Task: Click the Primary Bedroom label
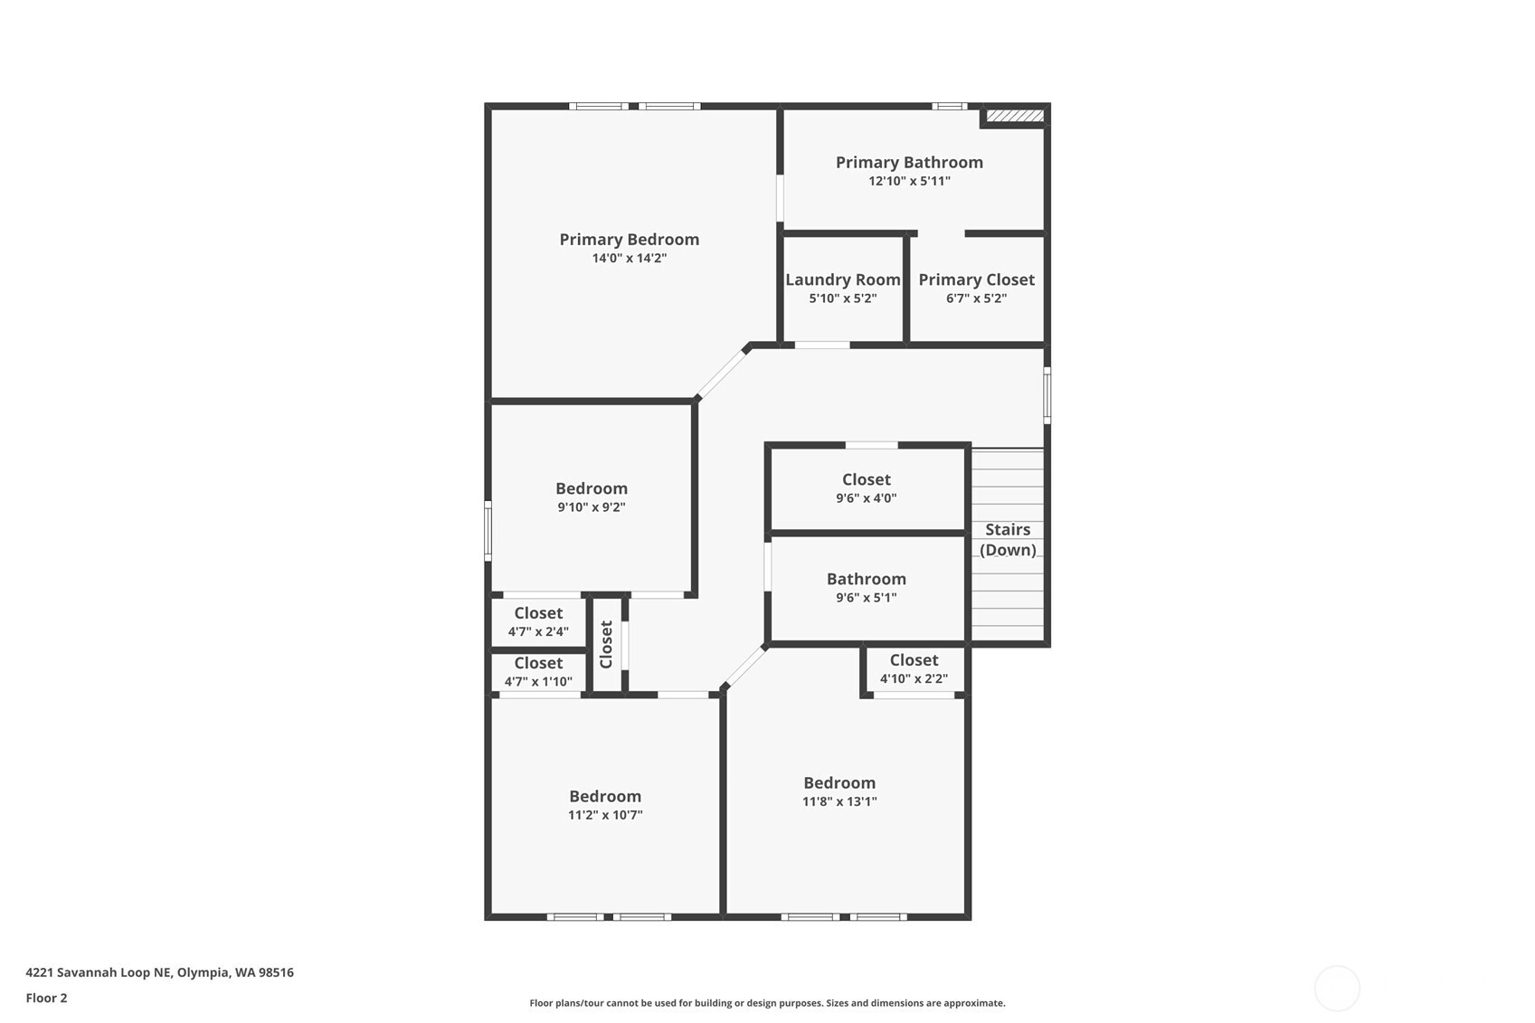629,240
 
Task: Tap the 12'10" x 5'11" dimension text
909,181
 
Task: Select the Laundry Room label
842,280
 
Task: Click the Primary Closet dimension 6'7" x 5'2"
976,298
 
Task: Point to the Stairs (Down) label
1008,540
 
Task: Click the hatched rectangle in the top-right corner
1015,116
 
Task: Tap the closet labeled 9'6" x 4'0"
866,488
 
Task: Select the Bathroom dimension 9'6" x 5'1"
866,598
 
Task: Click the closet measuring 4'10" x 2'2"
914,669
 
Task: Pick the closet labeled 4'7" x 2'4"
538,622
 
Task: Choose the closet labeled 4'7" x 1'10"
538,672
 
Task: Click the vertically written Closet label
606,644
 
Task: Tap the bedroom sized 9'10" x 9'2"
592,497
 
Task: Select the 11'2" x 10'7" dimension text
605,815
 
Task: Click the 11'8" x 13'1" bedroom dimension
839,801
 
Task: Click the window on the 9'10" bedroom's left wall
488,531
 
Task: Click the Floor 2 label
46,998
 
